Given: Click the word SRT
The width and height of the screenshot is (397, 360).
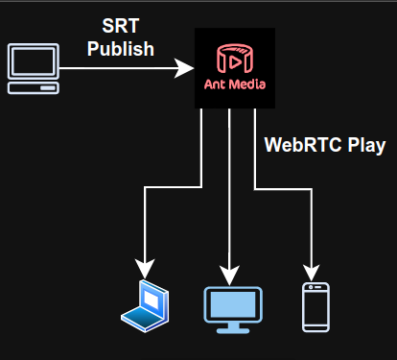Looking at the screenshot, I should [x=121, y=26].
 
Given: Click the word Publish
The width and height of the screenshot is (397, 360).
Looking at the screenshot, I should [x=121, y=48].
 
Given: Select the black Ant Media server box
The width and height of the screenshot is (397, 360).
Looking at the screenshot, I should [x=235, y=67].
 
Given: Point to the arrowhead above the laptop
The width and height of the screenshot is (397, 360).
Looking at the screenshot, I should [x=145, y=268].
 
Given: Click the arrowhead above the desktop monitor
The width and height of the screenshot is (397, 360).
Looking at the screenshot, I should [x=228, y=270].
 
